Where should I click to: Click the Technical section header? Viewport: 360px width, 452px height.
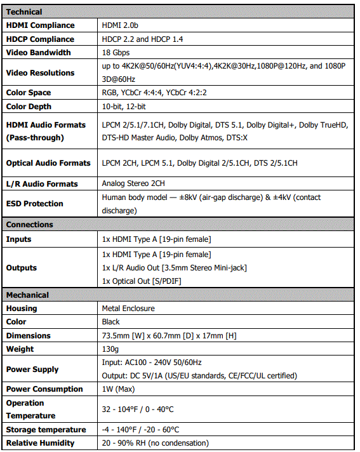24,11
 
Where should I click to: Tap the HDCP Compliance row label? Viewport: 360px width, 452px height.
40,39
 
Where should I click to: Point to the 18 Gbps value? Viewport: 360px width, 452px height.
117,53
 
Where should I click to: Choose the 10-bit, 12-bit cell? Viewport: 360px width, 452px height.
124,107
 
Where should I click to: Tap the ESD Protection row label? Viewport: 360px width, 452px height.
35,204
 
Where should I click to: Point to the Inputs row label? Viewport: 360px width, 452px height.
19,239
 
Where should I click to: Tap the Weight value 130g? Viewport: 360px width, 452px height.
110,349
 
